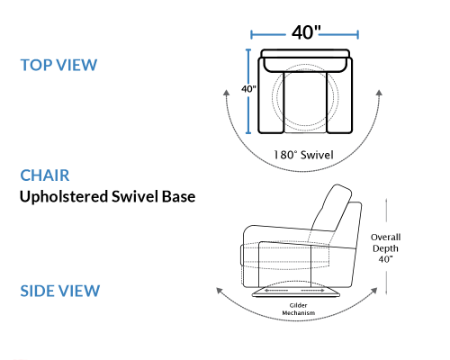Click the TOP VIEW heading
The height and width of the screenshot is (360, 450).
[x=58, y=65]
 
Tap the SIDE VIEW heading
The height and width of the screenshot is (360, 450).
[x=60, y=291]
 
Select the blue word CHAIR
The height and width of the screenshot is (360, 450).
[x=45, y=175]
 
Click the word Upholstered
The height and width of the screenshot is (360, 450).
[x=64, y=197]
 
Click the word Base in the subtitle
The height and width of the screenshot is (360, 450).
[x=179, y=197]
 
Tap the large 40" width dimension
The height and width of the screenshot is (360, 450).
[x=306, y=32]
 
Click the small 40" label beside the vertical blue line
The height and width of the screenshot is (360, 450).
[x=248, y=89]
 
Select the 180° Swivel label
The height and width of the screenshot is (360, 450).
[x=303, y=155]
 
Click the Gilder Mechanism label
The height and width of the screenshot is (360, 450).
[x=299, y=309]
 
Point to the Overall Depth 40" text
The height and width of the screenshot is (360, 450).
[x=385, y=248]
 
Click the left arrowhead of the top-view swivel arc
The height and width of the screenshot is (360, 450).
[x=226, y=93]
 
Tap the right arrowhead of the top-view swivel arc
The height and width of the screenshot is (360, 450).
[x=379, y=93]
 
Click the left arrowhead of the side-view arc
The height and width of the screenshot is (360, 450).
[x=220, y=291]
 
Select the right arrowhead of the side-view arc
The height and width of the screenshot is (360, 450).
[x=373, y=291]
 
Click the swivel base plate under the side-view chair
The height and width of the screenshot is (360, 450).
[x=296, y=292]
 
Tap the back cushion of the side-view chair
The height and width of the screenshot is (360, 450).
[x=331, y=209]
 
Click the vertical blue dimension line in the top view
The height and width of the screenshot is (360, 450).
[x=248, y=91]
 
